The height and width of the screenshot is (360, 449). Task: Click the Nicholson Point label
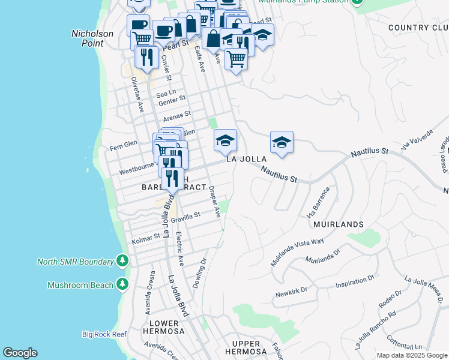pos(92,38)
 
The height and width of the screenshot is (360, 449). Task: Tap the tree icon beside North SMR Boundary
pos(122,261)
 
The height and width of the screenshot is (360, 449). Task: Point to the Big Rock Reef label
pos(104,334)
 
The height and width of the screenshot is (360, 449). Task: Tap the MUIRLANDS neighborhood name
pos(339,224)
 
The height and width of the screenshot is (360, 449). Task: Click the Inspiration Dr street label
pos(355,281)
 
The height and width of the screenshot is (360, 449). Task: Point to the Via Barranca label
pos(318,203)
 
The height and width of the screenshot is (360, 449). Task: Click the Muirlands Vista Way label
pos(297,252)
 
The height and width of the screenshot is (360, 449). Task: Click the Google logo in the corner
pos(20,353)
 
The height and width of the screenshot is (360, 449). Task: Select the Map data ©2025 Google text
pos(411,355)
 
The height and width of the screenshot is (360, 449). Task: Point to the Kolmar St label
pos(146,239)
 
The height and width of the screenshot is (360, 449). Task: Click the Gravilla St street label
pos(185,218)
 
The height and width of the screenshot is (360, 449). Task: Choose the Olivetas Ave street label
pos(137,95)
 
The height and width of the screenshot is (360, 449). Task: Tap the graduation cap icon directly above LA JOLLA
pos(226,141)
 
